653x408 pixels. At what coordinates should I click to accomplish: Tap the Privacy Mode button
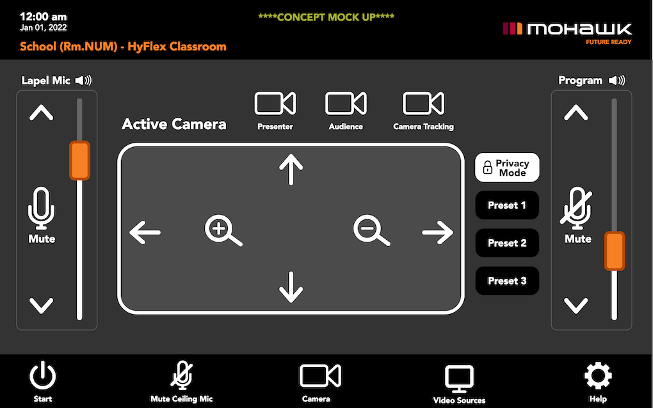507,168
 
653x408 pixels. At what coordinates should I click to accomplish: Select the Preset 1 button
507,205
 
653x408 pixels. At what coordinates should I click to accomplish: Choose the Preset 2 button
507,243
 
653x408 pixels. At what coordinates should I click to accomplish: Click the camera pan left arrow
145,232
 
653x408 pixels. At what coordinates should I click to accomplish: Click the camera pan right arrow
437,232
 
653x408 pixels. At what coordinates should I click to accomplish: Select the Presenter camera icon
275,104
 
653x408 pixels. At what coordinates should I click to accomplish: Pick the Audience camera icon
346,104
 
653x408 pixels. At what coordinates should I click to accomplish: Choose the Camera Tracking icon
423,104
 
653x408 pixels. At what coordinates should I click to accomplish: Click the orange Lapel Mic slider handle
79,161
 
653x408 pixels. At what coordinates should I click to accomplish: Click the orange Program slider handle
615,251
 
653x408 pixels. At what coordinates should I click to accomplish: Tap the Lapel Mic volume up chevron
42,114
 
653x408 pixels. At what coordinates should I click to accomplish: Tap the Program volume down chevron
576,305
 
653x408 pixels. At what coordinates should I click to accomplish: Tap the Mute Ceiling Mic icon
181,375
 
